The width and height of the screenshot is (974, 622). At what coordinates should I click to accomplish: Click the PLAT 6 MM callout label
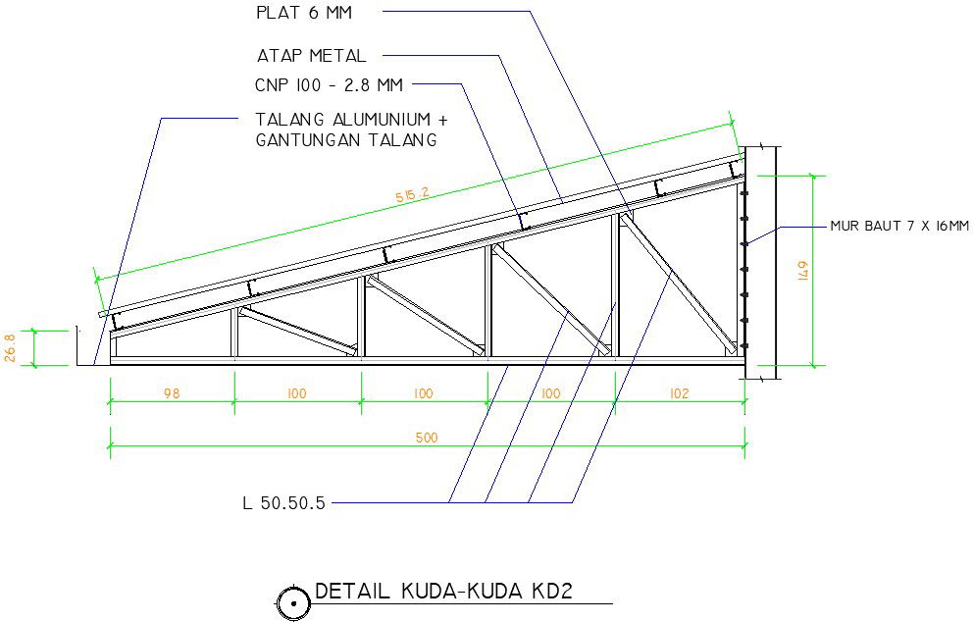click(x=302, y=13)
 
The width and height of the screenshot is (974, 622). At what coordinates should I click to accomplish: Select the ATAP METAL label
click(x=310, y=56)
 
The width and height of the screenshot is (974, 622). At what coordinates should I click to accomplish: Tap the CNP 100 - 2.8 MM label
click(x=328, y=85)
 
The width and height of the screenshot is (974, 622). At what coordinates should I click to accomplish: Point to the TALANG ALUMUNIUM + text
click(x=350, y=119)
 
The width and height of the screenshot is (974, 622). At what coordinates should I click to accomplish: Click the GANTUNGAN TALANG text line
click(x=345, y=140)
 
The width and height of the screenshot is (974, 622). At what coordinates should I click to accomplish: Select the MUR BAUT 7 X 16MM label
click(x=898, y=227)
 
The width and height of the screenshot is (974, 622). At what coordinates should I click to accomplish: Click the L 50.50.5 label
click(x=283, y=503)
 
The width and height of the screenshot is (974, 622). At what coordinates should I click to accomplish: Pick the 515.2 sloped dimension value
click(x=412, y=195)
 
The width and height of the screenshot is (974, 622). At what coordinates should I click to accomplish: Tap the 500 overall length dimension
click(x=427, y=438)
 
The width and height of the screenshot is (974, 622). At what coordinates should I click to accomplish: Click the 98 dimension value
click(x=173, y=393)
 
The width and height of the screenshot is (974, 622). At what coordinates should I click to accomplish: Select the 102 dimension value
click(x=679, y=393)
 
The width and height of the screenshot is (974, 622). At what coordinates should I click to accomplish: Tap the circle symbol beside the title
click(x=292, y=603)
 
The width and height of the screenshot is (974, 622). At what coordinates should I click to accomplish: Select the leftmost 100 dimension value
click(x=297, y=393)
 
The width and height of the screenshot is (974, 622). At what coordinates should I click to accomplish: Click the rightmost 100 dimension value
click(x=550, y=393)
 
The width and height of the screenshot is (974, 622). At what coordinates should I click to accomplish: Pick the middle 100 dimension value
click(x=424, y=393)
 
